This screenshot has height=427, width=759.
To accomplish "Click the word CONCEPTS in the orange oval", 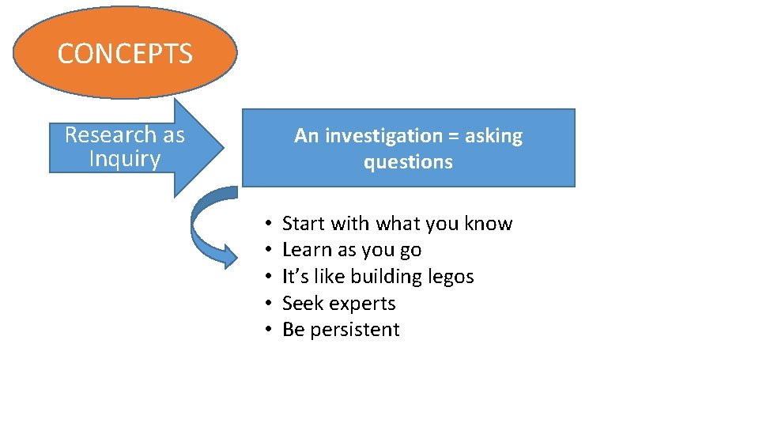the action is [125, 54].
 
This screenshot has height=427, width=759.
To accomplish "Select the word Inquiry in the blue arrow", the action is [125, 159].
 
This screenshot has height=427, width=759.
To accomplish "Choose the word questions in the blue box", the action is [408, 162].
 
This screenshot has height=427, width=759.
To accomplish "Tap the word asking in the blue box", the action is [494, 136].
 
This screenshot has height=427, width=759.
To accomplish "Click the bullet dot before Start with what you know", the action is [270, 225].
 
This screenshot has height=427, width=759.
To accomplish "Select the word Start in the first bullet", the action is [304, 224].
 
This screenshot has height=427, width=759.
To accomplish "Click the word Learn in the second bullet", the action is [307, 250].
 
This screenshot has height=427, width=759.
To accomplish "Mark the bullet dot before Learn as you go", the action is [270, 251].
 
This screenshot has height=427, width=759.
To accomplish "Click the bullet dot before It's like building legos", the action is [270, 278].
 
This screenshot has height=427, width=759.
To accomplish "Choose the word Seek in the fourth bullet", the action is [300, 303].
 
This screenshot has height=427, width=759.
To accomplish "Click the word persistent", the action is [355, 330].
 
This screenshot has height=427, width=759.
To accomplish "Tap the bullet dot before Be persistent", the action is [270, 331].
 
